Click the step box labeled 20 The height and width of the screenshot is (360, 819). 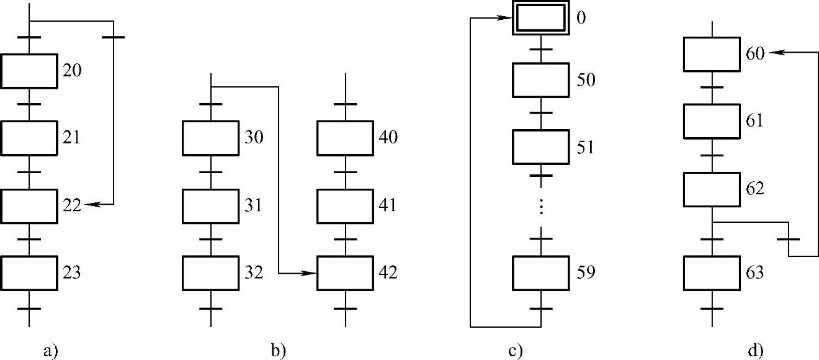coord(29,71)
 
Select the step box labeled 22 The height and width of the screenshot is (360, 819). coord(29,205)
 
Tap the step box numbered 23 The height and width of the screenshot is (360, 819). coord(29,272)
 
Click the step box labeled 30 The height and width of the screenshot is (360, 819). coord(211,138)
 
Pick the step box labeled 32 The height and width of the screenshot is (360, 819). coord(211,272)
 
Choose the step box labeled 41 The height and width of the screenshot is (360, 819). coord(346,205)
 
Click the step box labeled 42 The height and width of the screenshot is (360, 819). coord(346,272)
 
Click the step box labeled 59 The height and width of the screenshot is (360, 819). coord(540,272)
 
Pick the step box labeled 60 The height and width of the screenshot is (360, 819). coord(712,54)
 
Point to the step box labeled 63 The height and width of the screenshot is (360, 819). coord(712,272)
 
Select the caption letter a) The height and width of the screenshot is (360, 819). coord(51,351)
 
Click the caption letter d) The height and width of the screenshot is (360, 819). coord(755,351)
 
